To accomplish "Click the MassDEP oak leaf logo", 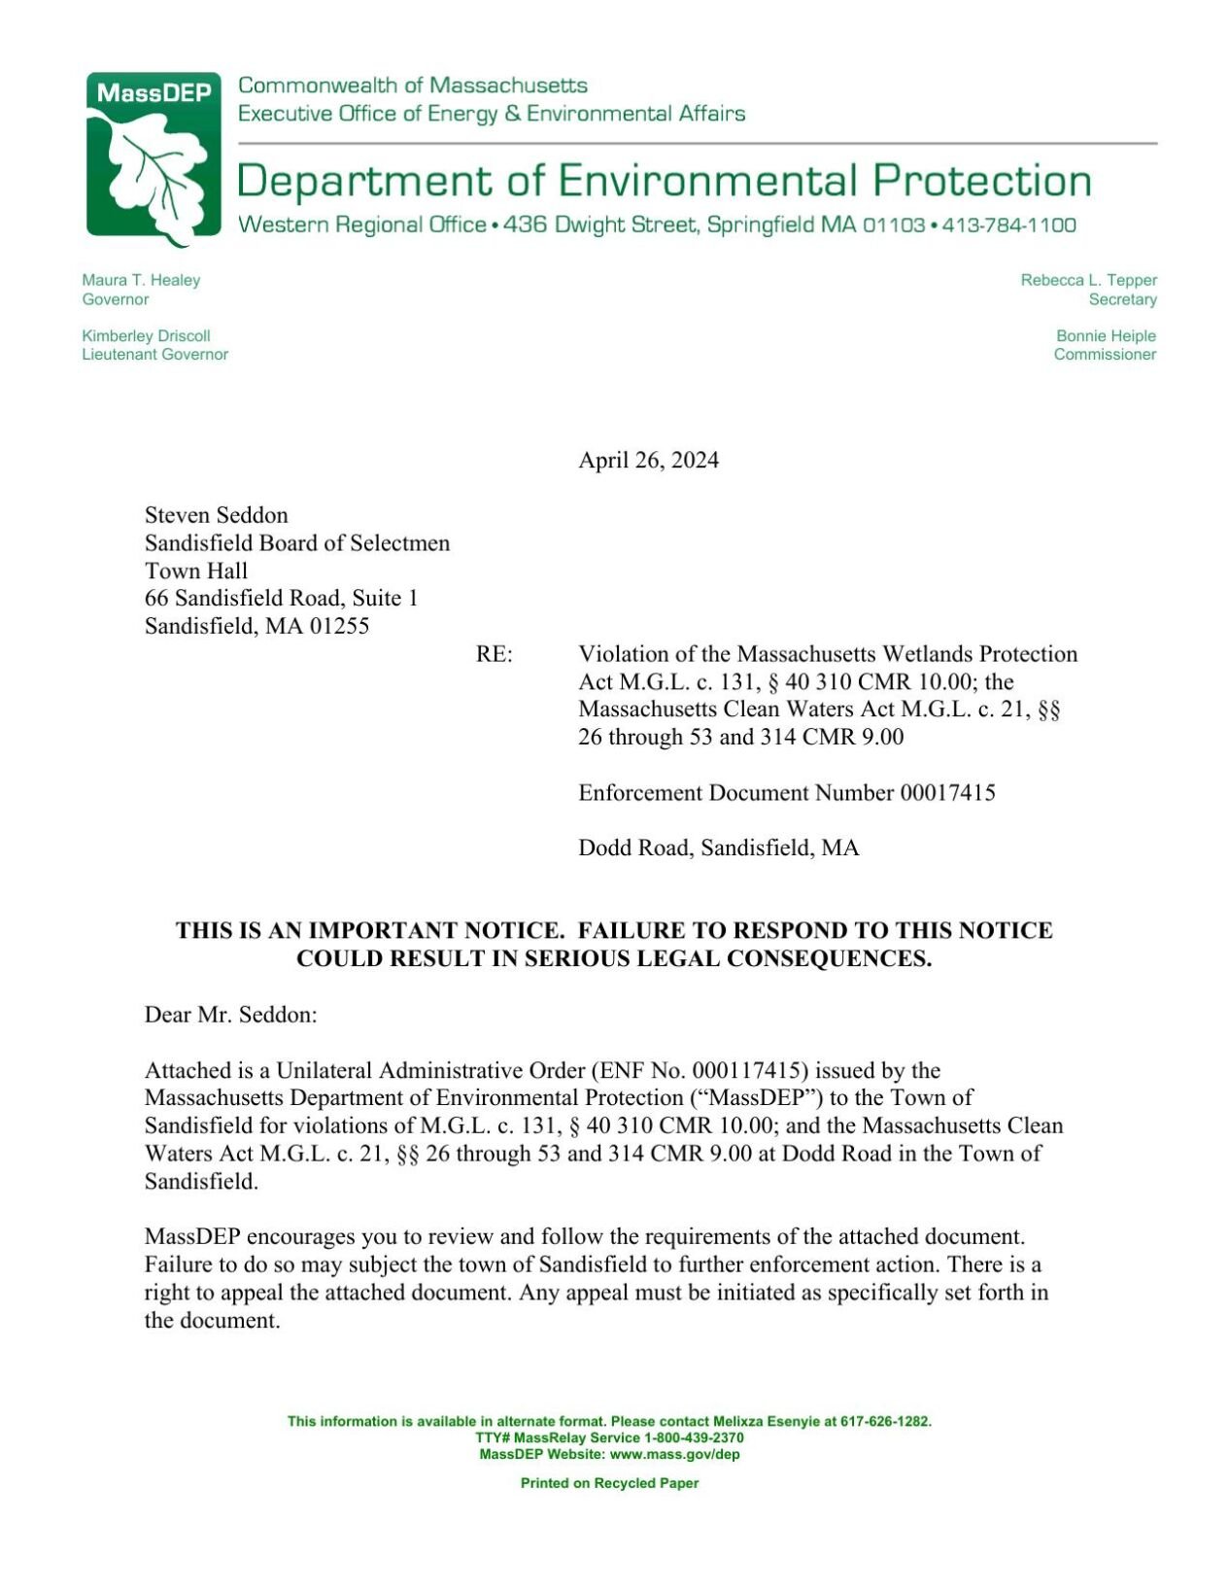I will (154, 157).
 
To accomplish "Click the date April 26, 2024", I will (648, 460).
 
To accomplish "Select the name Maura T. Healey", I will (141, 280).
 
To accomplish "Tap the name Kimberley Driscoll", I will (146, 335).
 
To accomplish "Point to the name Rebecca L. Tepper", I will (1088, 280).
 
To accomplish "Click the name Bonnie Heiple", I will (1106, 335).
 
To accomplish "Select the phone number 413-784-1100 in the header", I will (1008, 225).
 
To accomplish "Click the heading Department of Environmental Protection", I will (664, 181).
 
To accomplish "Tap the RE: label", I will (494, 654).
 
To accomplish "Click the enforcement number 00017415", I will (947, 793).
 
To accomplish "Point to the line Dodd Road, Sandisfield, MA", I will (718, 848).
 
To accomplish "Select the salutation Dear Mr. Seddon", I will (230, 1015).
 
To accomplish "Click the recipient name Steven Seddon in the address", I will (216, 515).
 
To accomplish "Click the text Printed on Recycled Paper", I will (609, 1483).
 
